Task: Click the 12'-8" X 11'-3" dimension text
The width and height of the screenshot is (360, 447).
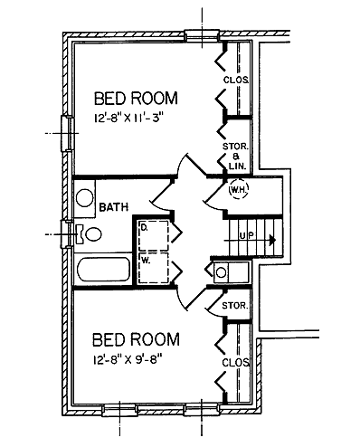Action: (x=129, y=118)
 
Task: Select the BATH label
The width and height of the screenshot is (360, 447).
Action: (x=114, y=207)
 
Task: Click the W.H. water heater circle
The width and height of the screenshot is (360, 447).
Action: (x=239, y=189)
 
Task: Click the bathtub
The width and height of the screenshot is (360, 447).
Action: (x=104, y=270)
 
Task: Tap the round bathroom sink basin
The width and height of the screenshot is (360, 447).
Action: (x=85, y=198)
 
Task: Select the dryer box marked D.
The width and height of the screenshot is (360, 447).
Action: (x=153, y=235)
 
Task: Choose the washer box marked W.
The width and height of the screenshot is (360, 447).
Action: (x=153, y=268)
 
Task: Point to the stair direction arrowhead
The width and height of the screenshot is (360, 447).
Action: (x=273, y=240)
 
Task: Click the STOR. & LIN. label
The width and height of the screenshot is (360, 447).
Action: (x=236, y=157)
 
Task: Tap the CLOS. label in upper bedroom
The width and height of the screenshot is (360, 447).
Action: (x=236, y=80)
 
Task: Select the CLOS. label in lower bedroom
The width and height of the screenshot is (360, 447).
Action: (x=236, y=363)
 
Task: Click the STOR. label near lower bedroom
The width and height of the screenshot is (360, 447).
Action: (x=235, y=306)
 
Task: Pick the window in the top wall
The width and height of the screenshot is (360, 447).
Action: (x=202, y=35)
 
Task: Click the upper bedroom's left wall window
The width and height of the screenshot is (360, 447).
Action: (x=68, y=133)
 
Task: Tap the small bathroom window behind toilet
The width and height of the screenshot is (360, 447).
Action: (x=67, y=234)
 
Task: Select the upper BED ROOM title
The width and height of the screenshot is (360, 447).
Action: (x=136, y=99)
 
